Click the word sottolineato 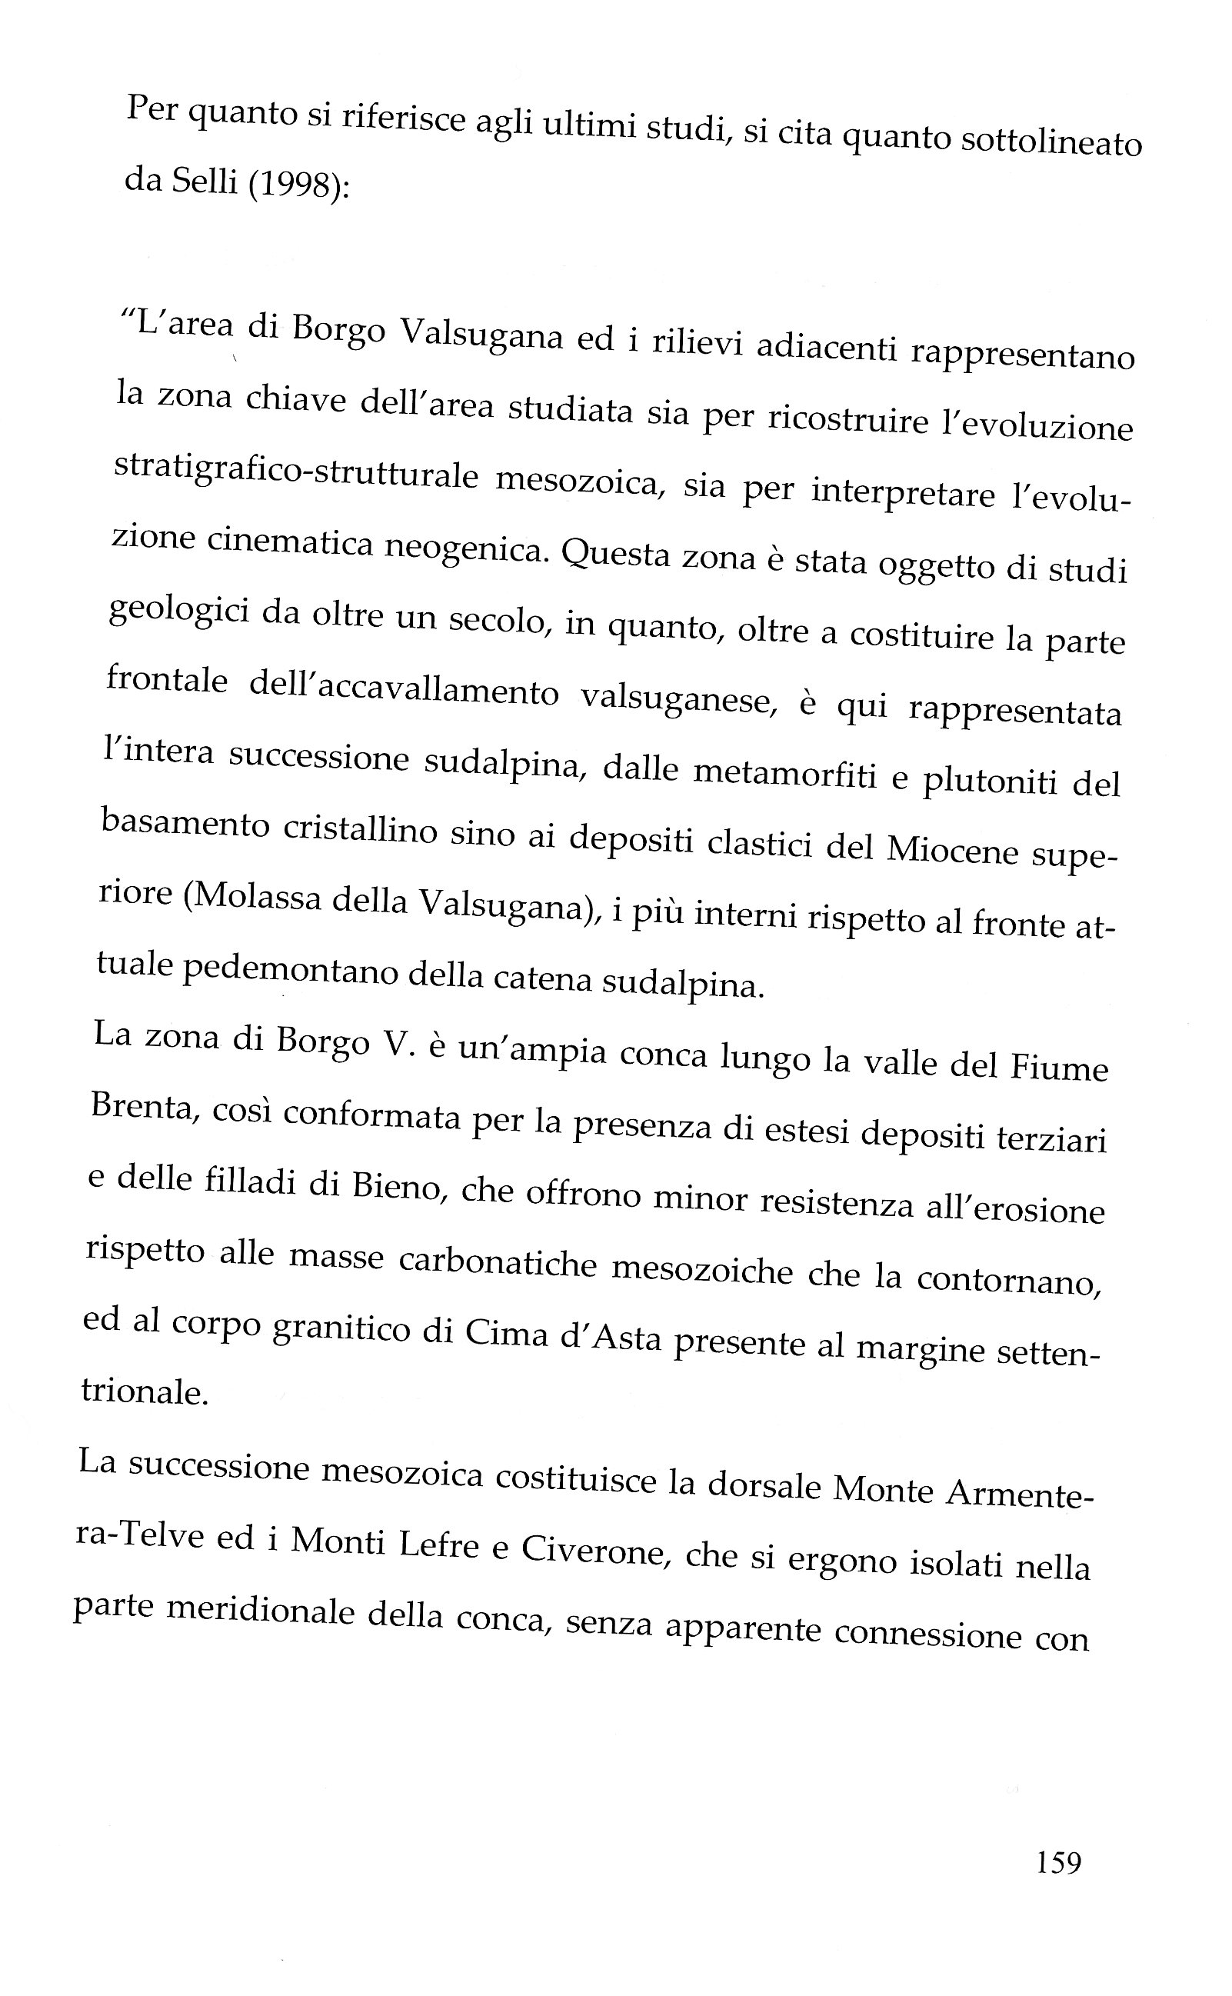click(x=1052, y=142)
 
